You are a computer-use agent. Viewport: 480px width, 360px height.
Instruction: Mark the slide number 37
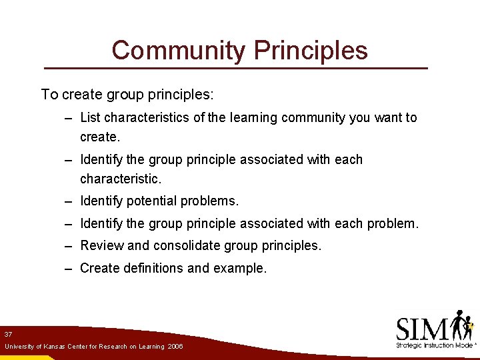coord(8,334)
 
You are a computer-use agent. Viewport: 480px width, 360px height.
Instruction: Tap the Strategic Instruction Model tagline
coord(434,345)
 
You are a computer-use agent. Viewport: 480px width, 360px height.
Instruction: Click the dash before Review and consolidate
coord(69,245)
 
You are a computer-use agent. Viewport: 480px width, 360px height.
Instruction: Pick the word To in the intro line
coord(49,95)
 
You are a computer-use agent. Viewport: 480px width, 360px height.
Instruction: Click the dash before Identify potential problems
coord(69,201)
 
